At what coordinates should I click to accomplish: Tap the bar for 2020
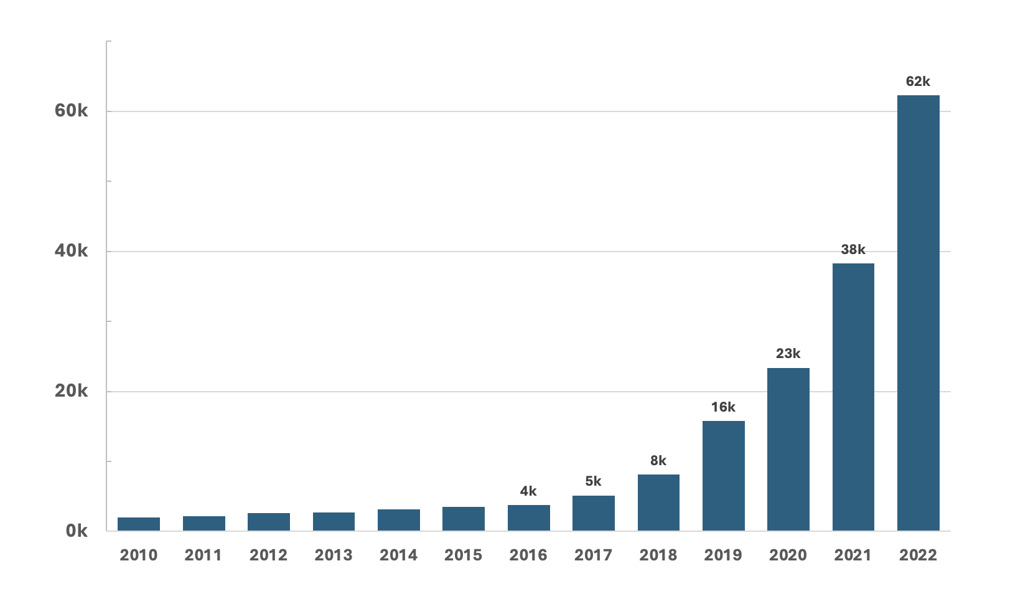[x=788, y=449]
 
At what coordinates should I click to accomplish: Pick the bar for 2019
[x=723, y=476]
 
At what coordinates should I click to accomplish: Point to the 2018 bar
[x=658, y=503]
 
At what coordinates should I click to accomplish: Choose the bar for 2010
[x=139, y=524]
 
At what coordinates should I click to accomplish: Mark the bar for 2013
[x=334, y=521]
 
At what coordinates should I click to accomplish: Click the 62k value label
[x=918, y=82]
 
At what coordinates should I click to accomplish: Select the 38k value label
[x=853, y=250]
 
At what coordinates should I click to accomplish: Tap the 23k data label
[x=788, y=354]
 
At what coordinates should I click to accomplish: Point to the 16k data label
[x=723, y=407]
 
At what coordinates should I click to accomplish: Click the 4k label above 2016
[x=528, y=491]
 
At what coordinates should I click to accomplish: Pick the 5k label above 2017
[x=593, y=481]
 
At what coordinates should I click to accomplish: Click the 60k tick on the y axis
[x=72, y=111]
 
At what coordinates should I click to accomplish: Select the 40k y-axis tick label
[x=72, y=251]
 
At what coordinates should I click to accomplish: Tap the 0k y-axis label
[x=77, y=531]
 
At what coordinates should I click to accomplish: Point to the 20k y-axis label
[x=72, y=391]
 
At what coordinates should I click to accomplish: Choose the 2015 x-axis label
[x=464, y=555]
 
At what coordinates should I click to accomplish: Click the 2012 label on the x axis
[x=268, y=555]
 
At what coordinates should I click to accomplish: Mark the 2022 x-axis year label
[x=918, y=555]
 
